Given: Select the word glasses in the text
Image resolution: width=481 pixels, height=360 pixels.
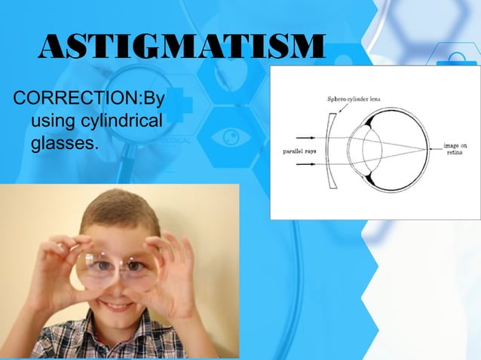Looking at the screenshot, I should (64, 141).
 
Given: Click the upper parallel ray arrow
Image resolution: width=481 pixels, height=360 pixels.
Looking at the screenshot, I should (305, 138).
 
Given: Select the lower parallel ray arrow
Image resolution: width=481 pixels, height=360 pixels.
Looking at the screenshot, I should (305, 161).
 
